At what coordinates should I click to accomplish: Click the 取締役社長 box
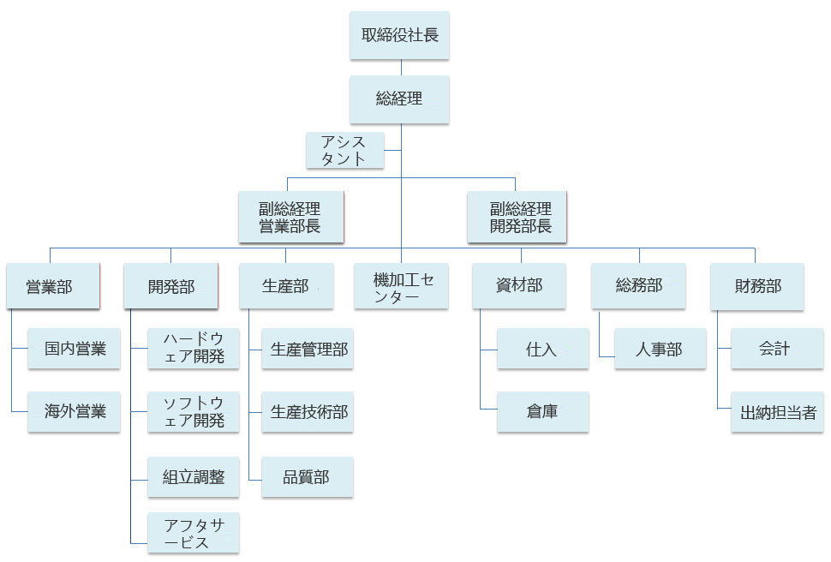(399, 36)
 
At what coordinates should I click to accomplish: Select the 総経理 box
(399, 99)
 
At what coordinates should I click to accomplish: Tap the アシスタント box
(344, 150)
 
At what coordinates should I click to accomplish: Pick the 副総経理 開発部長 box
(519, 218)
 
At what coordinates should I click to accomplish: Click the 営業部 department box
(52, 286)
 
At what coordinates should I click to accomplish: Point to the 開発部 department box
(170, 286)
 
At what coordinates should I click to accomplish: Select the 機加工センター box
(402, 286)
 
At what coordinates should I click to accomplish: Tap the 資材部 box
(519, 286)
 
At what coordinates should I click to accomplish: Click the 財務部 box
(757, 286)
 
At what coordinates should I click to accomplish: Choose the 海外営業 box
(75, 411)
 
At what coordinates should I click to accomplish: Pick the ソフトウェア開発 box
(193, 411)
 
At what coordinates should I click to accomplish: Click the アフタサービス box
(193, 533)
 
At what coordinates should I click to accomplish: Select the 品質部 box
(307, 477)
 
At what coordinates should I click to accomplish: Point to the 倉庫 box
(542, 411)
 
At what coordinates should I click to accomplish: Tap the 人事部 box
(660, 349)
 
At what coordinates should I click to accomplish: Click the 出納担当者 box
(778, 412)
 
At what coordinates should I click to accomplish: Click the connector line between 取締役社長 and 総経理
(400, 68)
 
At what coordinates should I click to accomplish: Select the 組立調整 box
(193, 477)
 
